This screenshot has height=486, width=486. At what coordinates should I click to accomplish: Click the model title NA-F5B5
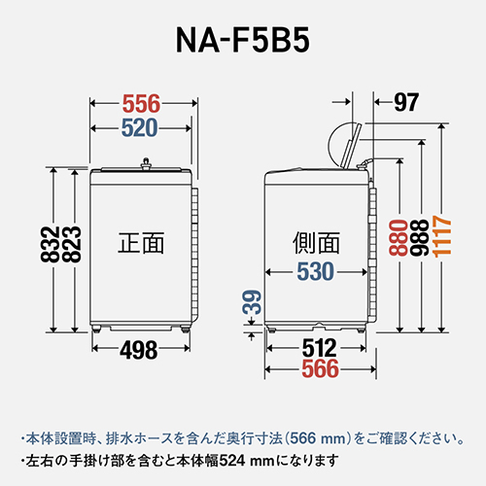[242, 45]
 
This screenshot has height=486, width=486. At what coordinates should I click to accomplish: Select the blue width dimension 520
[141, 126]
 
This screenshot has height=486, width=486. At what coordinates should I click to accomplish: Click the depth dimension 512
[318, 347]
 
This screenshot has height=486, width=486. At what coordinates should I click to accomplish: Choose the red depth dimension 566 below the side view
[318, 368]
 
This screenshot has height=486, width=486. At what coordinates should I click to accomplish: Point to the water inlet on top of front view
[147, 162]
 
